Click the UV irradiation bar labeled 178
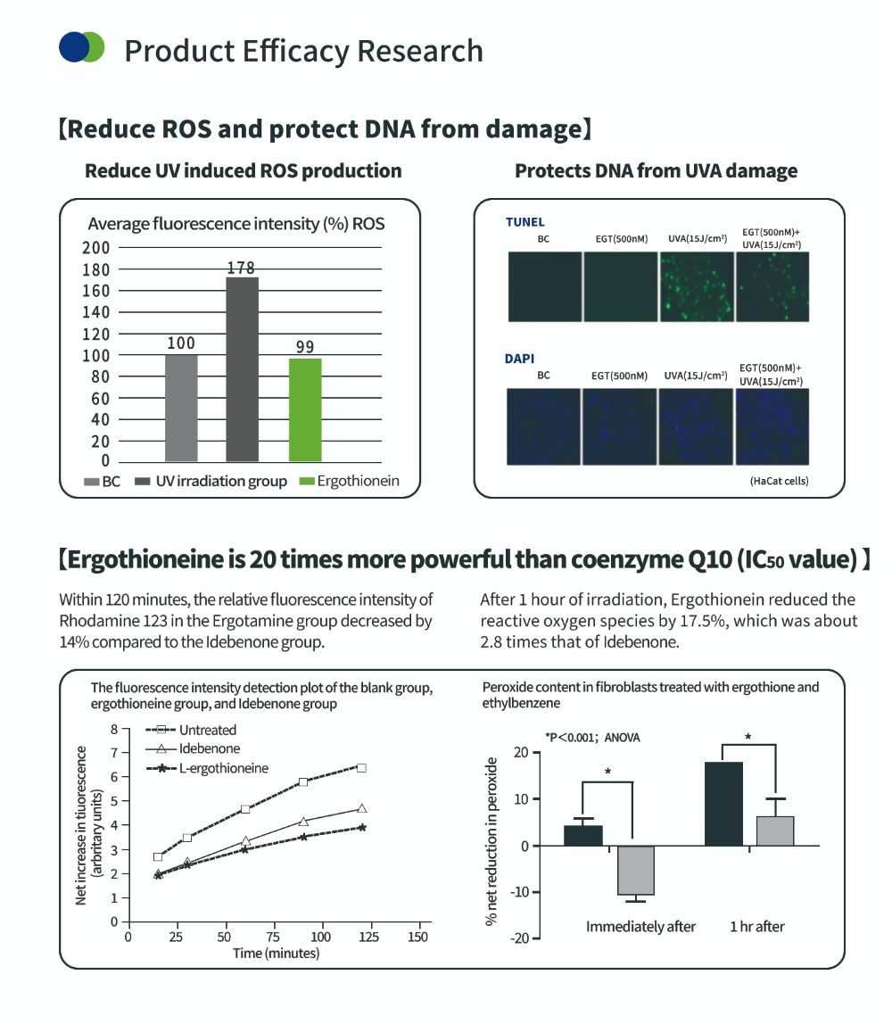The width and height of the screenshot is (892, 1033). [x=243, y=368]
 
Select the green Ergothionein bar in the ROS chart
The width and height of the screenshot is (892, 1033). [x=305, y=409]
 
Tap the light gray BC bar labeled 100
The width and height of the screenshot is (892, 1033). [x=181, y=408]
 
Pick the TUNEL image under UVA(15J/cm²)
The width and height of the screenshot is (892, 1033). [x=696, y=286]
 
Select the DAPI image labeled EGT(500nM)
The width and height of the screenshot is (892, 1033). [x=619, y=426]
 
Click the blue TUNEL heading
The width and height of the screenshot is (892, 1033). [x=524, y=222]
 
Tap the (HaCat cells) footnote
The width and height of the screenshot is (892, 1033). [x=780, y=481]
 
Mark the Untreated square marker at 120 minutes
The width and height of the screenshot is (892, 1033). [x=361, y=767]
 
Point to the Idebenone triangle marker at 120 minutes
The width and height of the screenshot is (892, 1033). [x=361, y=808]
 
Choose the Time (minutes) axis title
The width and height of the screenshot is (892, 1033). [x=277, y=954]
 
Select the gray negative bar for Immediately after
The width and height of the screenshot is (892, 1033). [x=635, y=870]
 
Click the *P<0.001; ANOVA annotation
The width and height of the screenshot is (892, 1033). [x=592, y=738]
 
